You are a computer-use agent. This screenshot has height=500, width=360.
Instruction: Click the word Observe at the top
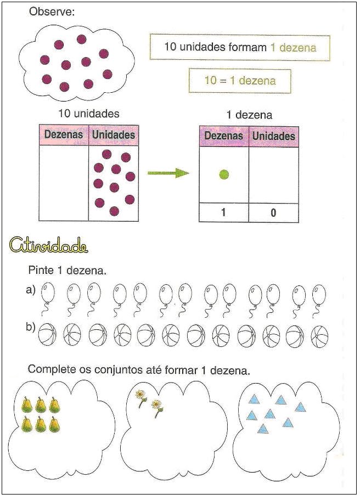[52, 12]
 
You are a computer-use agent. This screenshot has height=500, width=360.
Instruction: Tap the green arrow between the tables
[168, 173]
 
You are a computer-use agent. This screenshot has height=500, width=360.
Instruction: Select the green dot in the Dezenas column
[223, 175]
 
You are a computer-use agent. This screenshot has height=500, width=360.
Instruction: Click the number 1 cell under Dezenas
[223, 212]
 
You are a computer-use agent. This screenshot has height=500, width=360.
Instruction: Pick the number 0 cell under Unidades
[273, 212]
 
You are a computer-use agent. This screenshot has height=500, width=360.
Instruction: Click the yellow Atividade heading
[49, 245]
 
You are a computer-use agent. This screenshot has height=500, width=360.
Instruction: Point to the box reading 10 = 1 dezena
[240, 81]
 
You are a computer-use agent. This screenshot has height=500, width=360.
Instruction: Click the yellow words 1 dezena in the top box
[293, 47]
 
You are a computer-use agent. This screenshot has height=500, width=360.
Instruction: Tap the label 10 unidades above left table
[89, 114]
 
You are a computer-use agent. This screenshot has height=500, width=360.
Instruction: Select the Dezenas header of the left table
[64, 134]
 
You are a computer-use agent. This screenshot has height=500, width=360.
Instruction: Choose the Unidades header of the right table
[273, 136]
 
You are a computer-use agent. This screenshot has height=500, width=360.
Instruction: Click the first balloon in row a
[48, 293]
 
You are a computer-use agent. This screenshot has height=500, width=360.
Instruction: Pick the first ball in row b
[49, 335]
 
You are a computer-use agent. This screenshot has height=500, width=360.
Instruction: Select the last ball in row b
[319, 335]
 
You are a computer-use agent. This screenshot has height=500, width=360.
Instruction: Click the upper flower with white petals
[142, 395]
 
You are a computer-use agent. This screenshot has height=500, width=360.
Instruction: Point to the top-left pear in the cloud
[26, 405]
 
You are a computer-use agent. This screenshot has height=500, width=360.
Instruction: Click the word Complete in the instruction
[49, 369]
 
